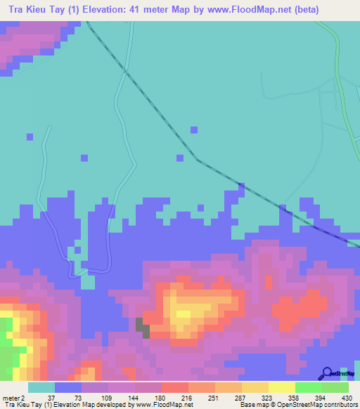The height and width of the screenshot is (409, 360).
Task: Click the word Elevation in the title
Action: [x=116, y=10]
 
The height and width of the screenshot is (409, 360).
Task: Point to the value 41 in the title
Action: [x=153, y=10]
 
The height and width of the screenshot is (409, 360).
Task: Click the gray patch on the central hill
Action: [x=143, y=327]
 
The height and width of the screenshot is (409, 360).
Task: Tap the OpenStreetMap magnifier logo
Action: [x=327, y=373]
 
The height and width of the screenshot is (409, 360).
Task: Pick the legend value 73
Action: [x=68, y=397]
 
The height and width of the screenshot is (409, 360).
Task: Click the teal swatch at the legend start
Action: [x=41, y=387]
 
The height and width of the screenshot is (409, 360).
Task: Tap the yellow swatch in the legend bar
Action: [x=281, y=387]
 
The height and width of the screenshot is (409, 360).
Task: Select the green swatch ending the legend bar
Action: [x=335, y=387]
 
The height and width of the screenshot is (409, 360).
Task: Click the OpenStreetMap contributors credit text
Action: [x=309, y=405]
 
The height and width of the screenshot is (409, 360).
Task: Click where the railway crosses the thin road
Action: [x=125, y=71]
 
